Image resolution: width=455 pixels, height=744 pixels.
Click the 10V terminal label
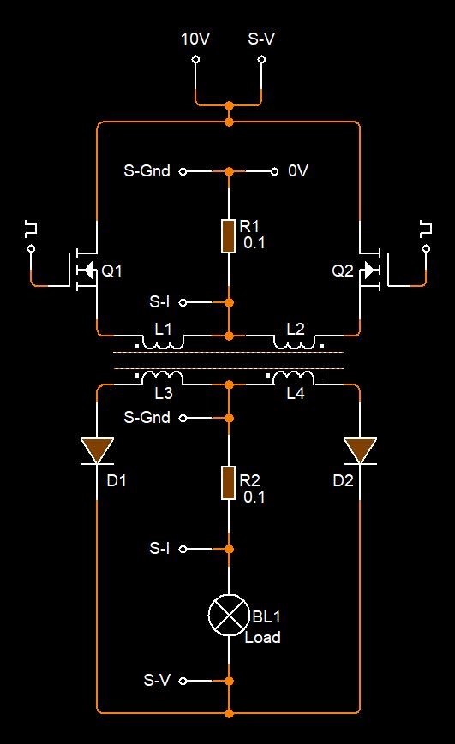(x=195, y=39)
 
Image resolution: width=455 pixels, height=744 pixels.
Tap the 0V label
(x=298, y=171)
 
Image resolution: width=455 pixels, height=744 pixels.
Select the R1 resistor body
(x=229, y=236)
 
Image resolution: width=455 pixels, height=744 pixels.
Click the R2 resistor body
(x=229, y=483)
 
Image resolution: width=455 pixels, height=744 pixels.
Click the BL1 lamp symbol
(x=229, y=615)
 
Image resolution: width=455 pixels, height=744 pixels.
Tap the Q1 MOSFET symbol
(x=84, y=270)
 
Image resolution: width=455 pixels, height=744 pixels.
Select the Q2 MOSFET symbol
(x=374, y=270)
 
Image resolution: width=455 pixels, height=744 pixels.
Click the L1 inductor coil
(x=163, y=342)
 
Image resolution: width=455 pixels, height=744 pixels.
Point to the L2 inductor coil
(x=295, y=342)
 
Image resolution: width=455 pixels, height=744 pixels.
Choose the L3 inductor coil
(x=163, y=378)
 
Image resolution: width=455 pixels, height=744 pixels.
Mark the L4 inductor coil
(x=294, y=378)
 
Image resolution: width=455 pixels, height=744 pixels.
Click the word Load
(x=263, y=637)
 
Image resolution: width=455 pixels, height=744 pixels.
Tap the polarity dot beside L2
(x=321, y=347)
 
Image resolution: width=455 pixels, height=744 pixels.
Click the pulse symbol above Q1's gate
(x=32, y=229)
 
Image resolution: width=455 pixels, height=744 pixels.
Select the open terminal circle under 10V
(x=195, y=60)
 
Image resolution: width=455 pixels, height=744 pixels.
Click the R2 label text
(x=250, y=480)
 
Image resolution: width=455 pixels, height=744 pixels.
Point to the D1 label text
(x=117, y=480)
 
